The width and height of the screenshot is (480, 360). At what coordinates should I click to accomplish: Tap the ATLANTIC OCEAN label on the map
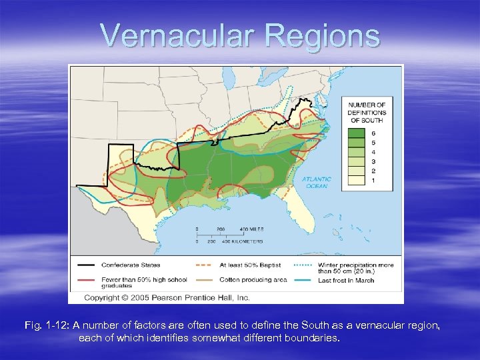[316, 182]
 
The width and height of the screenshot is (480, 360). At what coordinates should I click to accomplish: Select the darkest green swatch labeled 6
[356, 133]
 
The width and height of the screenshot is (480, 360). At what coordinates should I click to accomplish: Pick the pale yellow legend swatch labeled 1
[356, 180]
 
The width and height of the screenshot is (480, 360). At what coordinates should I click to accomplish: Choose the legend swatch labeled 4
[356, 152]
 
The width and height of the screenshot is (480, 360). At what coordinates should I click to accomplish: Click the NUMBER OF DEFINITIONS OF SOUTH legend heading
[367, 113]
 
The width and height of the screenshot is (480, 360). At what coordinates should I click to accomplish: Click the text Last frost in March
[353, 280]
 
